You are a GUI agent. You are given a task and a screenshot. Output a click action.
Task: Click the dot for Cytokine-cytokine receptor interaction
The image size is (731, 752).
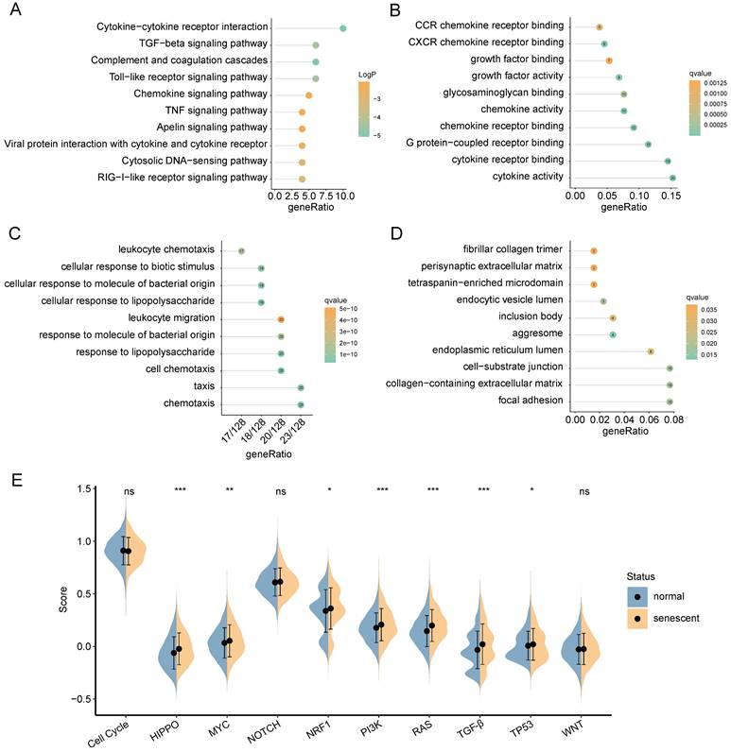343,28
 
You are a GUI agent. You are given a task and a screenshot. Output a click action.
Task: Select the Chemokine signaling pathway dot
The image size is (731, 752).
308,95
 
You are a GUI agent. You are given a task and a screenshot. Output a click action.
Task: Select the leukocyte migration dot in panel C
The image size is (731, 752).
281,319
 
